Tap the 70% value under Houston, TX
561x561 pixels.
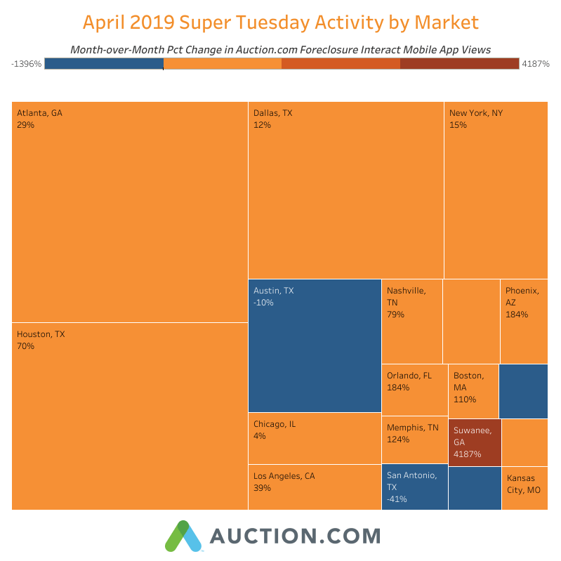(25, 346)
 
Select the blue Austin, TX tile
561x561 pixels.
(315, 345)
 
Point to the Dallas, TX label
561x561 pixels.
(273, 112)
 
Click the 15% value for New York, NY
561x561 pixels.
(458, 125)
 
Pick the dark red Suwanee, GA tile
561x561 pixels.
(475, 442)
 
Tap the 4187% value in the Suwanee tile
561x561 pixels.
(467, 454)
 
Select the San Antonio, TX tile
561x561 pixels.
(414, 487)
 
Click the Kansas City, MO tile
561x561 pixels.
(524, 484)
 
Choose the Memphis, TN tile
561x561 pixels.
(414, 440)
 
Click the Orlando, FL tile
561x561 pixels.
(414, 389)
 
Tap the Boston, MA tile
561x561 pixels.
(473, 390)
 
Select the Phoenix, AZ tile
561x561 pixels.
(523, 321)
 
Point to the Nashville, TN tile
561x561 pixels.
(411, 321)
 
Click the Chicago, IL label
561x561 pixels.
(275, 424)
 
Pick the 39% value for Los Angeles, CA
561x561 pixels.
(262, 488)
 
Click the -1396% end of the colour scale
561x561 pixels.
(27, 64)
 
